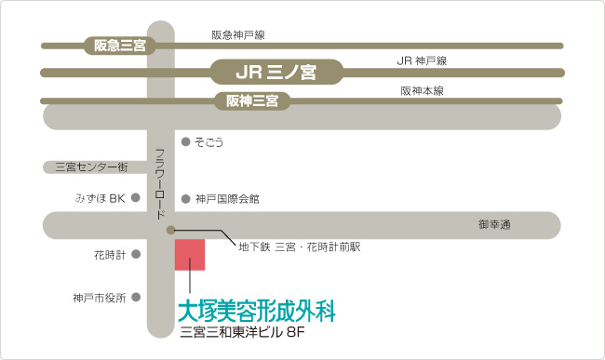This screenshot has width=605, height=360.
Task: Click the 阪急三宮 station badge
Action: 120,46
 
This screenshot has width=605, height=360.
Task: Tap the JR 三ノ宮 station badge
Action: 276,72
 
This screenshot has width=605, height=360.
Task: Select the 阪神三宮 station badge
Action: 252,101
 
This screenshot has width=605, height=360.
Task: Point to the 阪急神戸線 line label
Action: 238,35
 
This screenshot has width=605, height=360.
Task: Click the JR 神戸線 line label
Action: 422,60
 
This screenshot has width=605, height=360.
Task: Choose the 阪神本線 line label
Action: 423,91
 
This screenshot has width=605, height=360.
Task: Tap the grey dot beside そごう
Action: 185,141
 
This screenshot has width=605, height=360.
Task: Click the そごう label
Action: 208,142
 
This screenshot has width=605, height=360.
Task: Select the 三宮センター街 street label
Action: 91,167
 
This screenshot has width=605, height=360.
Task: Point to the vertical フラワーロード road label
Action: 160,184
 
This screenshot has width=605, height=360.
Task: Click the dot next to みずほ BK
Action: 136,198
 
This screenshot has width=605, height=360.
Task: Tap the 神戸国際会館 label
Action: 227,199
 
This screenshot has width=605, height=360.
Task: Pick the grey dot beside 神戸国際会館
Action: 185,199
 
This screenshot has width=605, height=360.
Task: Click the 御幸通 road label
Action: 494,224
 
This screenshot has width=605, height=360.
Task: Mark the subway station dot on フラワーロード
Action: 170,231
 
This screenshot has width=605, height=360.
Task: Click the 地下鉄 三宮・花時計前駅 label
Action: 300,247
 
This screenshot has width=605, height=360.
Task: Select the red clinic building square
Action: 190,255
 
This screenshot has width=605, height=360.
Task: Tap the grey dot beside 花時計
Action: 136,254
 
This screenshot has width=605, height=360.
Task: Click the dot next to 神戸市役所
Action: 136,297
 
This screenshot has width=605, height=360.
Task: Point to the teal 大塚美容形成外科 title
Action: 257,311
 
